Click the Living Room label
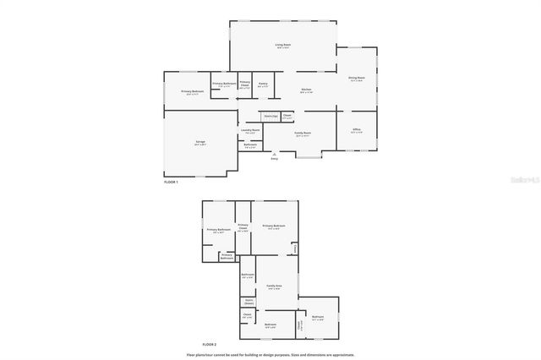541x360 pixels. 282,45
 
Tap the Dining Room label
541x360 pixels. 357,79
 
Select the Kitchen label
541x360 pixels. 306,90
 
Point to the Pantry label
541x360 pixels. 263,84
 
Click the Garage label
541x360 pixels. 199,143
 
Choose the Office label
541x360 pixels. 356,129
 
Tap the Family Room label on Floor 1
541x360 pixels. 302,133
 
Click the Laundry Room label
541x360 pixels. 249,131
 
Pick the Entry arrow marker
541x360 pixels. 274,155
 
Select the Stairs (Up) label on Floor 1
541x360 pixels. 270,116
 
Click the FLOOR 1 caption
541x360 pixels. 172,183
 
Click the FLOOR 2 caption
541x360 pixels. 210,345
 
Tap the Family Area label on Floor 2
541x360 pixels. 274,286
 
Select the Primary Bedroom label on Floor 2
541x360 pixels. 273,226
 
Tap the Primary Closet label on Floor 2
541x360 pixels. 243,226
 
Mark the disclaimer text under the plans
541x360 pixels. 270,355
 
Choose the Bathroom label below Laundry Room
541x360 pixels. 250,145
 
